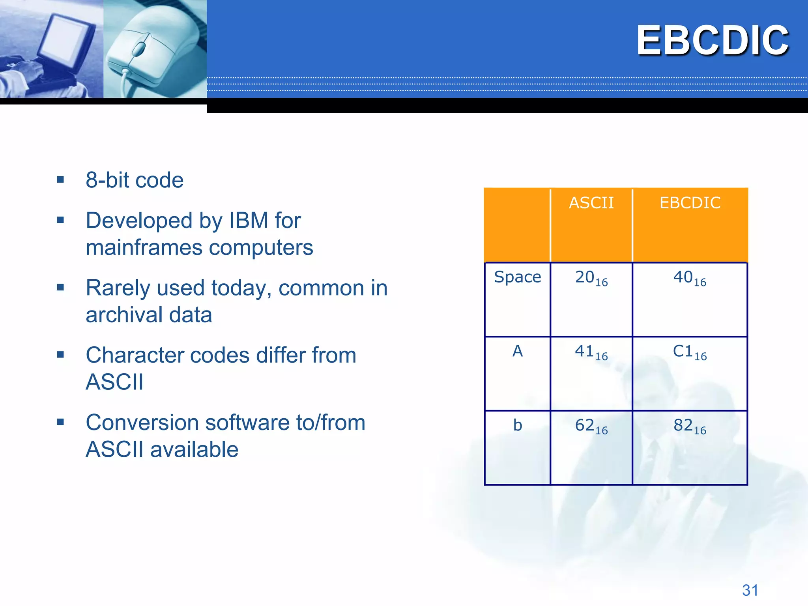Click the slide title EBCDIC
pos(712,40)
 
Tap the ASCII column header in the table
pos(591,203)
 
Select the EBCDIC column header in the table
pos(690,203)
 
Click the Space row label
pos(517,277)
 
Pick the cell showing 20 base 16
pos(591,278)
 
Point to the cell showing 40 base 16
pos(690,278)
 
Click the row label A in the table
pos(517,351)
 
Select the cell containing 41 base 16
pos(591,352)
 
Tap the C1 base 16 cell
pos(690,352)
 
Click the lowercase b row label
pos(517,425)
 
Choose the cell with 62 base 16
pos(591,426)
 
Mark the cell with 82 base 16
pos(690,426)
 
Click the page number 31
pos(750,590)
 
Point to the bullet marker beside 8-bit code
pos(60,180)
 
